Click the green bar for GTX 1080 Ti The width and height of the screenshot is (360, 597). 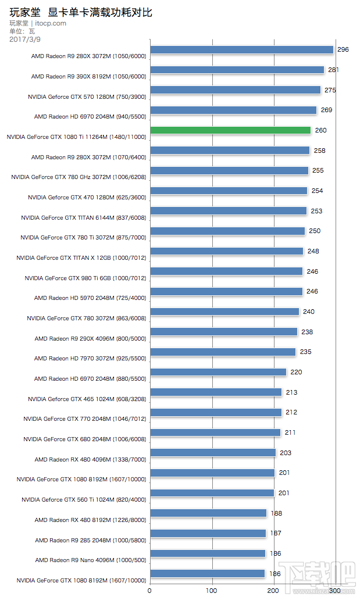[x=230, y=130]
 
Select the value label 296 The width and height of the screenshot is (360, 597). [x=343, y=50]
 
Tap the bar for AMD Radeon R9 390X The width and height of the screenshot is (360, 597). [x=237, y=70]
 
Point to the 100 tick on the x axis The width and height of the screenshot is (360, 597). [x=212, y=590]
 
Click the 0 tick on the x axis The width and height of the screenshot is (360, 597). [x=150, y=590]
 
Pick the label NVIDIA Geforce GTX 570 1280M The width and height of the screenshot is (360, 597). [x=87, y=97]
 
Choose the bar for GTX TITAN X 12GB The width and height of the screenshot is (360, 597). [x=227, y=251]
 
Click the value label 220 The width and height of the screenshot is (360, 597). [x=297, y=372]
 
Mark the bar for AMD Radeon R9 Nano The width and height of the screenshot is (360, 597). [x=208, y=553]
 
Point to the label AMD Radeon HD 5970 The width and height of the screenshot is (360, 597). [x=90, y=298]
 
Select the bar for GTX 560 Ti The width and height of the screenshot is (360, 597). [x=212, y=493]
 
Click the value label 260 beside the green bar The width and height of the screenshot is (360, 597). [x=320, y=131]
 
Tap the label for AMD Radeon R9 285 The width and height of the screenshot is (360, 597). [x=90, y=540]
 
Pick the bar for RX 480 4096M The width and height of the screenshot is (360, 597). [x=213, y=453]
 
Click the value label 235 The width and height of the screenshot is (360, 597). [x=305, y=352]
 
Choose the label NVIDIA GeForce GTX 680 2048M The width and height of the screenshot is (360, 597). [x=85, y=439]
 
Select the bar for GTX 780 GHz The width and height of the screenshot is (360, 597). [x=229, y=170]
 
